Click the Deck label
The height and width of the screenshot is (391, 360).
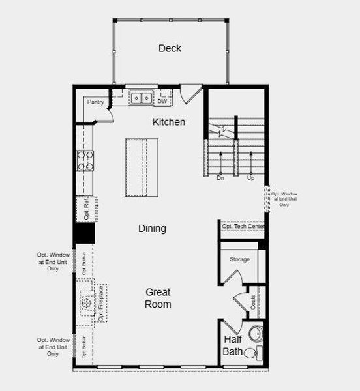tap(170, 48)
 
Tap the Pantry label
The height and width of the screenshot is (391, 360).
tap(96, 102)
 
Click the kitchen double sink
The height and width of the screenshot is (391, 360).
tap(140, 99)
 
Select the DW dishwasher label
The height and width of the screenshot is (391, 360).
tap(162, 101)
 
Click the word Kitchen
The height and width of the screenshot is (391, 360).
tap(169, 122)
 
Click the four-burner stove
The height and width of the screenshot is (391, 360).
tap(85, 160)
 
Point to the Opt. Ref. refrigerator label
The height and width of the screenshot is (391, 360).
tap(86, 207)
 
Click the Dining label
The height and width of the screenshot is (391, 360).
tap(152, 229)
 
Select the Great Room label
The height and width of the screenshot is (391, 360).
tap(158, 298)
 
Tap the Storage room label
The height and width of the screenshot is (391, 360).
tap(239, 259)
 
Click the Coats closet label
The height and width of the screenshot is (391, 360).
tap(253, 302)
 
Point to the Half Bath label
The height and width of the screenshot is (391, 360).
tap(233, 345)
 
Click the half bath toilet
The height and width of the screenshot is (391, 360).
tap(257, 353)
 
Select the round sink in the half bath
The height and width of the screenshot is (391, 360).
tap(255, 334)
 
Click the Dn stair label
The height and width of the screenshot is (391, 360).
tap(220, 177)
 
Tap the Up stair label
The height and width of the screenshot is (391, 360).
tap(250, 177)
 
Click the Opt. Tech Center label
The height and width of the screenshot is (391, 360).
tap(242, 227)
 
